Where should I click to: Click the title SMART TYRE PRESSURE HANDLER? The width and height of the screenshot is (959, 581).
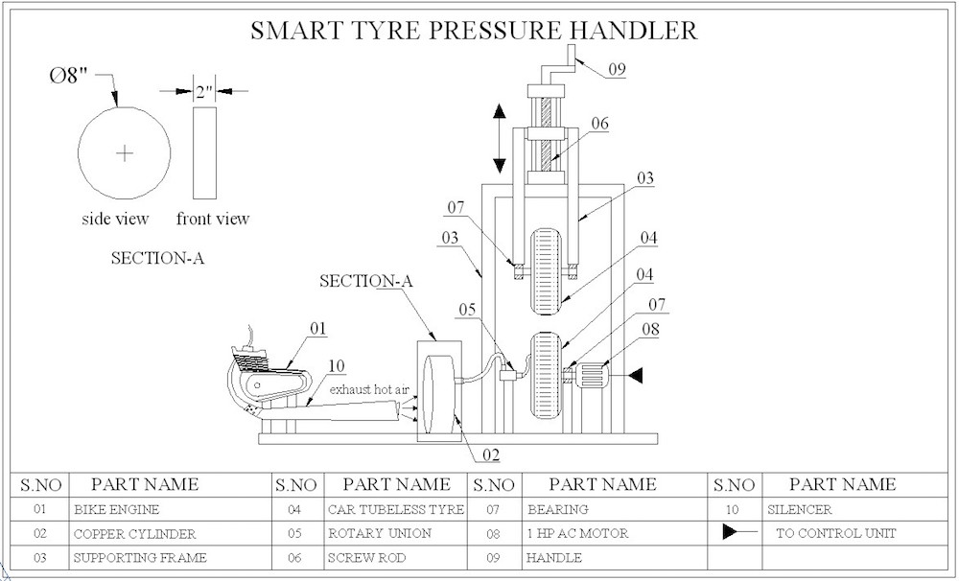[473, 30]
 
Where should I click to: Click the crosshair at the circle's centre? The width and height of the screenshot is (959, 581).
[125, 153]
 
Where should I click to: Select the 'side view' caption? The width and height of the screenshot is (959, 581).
[115, 219]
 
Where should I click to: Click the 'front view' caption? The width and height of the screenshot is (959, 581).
[212, 219]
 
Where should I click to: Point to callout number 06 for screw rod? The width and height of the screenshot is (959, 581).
[599, 124]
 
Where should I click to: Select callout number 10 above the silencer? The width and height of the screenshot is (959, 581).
[336, 365]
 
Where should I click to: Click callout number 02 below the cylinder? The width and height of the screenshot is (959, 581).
[490, 454]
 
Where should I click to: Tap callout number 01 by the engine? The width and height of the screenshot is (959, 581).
[317, 329]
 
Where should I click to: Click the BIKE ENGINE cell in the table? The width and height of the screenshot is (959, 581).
[116, 509]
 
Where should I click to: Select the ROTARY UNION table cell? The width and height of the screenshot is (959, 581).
[380, 533]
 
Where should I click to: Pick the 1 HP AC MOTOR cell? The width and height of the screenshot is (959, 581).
[577, 533]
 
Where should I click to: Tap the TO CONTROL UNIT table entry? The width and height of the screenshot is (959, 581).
[835, 533]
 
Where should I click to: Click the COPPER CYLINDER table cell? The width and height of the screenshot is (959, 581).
[134, 533]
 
